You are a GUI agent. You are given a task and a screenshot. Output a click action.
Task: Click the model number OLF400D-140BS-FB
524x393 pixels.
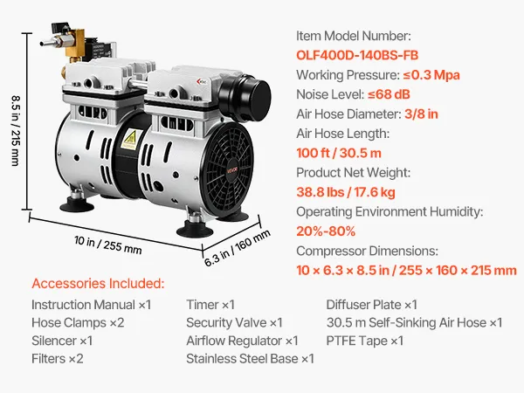(x=357, y=55)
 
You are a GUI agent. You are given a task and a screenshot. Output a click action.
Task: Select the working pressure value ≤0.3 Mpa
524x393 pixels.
(x=431, y=75)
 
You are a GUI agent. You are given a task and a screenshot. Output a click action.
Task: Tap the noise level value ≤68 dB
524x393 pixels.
(x=389, y=94)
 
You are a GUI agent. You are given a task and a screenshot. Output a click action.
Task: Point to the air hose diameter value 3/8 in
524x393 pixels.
(x=421, y=114)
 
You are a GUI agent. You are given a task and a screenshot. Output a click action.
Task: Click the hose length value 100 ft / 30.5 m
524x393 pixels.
(x=339, y=153)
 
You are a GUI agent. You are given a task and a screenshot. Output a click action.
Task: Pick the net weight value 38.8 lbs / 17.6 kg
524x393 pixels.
(x=346, y=192)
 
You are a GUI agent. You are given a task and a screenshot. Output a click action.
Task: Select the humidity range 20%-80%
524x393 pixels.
(x=326, y=231)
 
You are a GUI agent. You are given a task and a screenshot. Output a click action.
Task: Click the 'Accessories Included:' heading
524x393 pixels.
(x=98, y=283)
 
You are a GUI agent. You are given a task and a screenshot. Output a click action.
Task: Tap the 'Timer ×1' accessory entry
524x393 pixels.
(x=210, y=305)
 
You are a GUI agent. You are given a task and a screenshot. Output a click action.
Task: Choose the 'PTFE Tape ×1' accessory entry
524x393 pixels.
(x=365, y=341)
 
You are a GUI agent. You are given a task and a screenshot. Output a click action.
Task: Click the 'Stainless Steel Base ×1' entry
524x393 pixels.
(x=251, y=359)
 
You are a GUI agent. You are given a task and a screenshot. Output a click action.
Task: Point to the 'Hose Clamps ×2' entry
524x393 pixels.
(x=78, y=323)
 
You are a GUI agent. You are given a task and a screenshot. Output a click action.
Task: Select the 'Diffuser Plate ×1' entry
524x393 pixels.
(x=372, y=305)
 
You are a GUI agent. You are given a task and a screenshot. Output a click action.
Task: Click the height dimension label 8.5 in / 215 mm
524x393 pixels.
(x=16, y=131)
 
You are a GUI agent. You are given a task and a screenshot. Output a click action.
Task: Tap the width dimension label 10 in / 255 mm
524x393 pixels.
(x=108, y=245)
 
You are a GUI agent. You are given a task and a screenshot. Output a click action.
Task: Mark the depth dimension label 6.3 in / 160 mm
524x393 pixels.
(x=238, y=248)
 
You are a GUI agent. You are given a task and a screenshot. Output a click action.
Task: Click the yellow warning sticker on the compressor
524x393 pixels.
(x=130, y=140)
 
